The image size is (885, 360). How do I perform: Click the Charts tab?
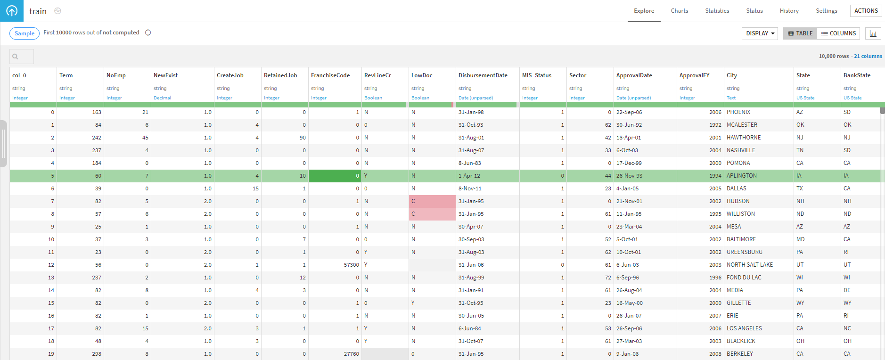[679, 11]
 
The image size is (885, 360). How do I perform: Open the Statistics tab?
[717, 11]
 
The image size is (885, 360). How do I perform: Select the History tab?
[789, 11]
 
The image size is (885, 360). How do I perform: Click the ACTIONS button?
[866, 11]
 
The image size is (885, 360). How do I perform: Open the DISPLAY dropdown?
[760, 33]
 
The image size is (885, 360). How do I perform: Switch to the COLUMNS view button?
[838, 33]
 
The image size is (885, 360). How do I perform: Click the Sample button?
[25, 33]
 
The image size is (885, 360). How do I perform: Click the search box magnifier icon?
[15, 57]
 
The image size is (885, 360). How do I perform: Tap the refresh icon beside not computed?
[148, 33]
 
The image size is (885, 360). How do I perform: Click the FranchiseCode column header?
[330, 75]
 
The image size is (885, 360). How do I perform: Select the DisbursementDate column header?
[483, 75]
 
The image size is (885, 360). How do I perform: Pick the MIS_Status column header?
[537, 75]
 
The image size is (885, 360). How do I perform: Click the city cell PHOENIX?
[738, 112]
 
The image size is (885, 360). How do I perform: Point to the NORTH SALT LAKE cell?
[750, 265]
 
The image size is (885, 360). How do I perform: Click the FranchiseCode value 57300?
[352, 265]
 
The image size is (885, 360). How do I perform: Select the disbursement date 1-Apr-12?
[469, 176]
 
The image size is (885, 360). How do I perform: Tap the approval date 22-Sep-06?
[629, 112]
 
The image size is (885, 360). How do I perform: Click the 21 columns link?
[868, 56]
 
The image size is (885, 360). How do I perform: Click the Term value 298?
[97, 354]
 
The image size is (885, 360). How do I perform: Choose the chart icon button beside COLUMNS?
[873, 33]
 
